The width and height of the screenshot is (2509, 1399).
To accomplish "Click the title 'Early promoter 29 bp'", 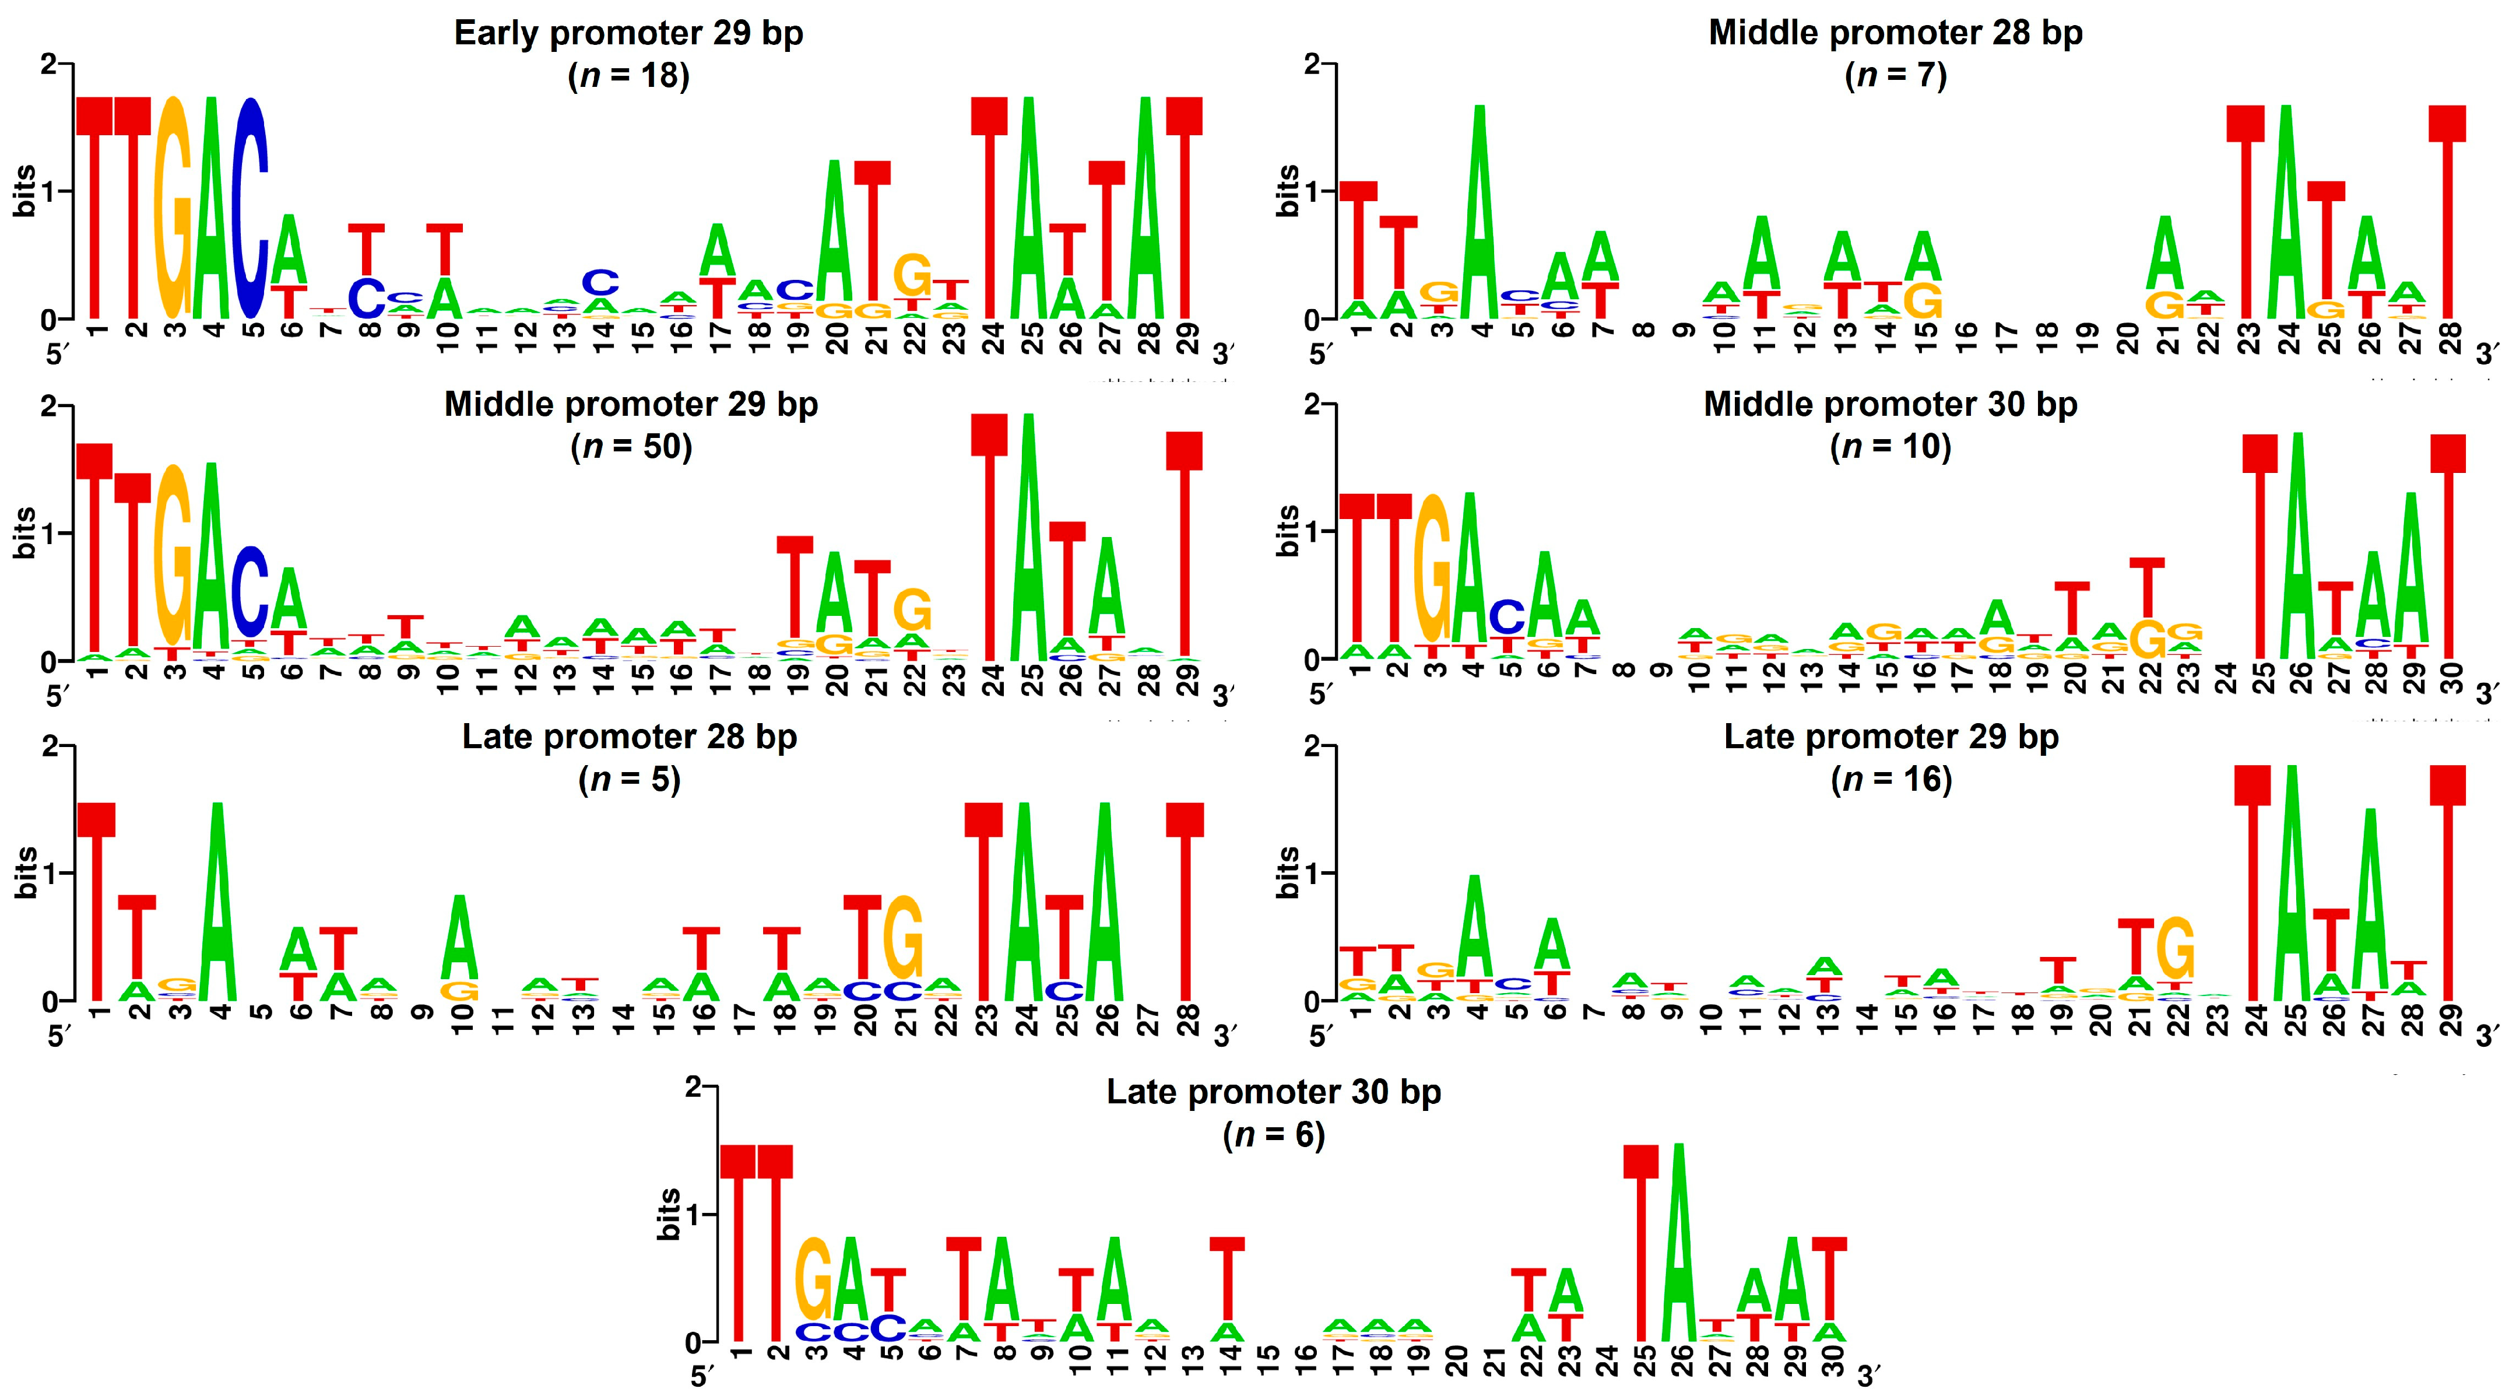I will (x=628, y=33).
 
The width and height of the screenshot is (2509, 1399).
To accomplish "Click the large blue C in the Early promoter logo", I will (x=250, y=209).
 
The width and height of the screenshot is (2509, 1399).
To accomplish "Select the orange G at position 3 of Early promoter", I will (x=173, y=209).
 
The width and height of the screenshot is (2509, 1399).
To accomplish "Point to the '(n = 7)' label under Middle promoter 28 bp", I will (x=1895, y=75).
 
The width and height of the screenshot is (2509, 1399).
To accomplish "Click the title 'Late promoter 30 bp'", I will (x=1273, y=1092).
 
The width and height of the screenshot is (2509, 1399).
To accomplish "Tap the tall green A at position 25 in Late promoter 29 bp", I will (x=2294, y=886).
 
